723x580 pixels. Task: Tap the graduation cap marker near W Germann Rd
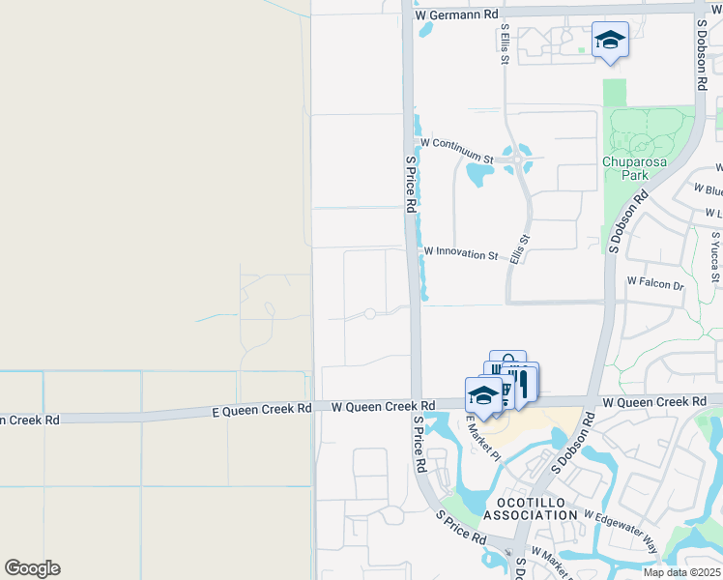[610, 41]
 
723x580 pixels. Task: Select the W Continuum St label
[456, 144]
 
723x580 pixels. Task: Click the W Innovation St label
[460, 254]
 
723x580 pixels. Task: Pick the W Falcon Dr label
[654, 284]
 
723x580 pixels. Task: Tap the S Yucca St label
[715, 250]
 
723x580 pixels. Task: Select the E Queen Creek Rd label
[262, 410]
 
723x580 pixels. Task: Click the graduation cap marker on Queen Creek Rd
[483, 395]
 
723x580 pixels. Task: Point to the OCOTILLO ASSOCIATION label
[536, 509]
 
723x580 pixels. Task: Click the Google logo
[32, 568]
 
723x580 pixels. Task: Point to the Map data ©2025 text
[681, 572]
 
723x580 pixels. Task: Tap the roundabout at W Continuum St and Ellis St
[520, 159]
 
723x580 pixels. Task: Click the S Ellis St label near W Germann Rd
[505, 46]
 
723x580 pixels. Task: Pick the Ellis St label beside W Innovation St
[520, 249]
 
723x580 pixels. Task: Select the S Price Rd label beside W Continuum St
[410, 184]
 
